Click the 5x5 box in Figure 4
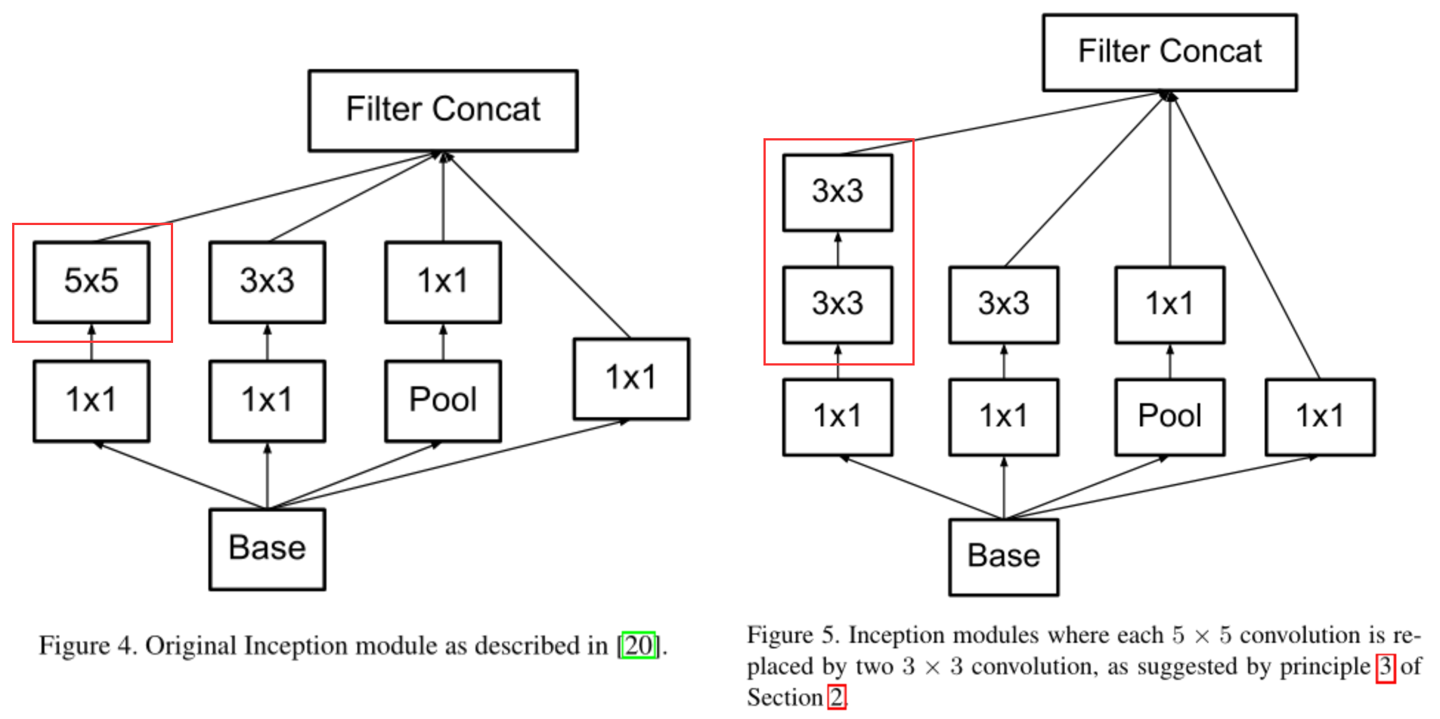tap(91, 282)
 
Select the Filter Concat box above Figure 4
tap(443, 110)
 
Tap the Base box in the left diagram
tap(267, 548)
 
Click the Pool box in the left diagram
tap(443, 400)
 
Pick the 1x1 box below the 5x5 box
tap(91, 400)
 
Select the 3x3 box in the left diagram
tap(267, 282)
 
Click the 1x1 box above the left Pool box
tap(443, 282)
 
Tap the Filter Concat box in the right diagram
tap(1169, 52)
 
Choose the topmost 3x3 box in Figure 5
tap(838, 192)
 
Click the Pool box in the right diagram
tap(1169, 416)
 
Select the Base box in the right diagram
tap(1003, 557)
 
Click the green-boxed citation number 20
tap(639, 646)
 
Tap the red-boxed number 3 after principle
tap(1385, 667)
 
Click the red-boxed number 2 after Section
tap(837, 697)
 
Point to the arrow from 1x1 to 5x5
tap(91, 341)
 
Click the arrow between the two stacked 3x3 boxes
tap(838, 248)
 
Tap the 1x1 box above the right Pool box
tap(1169, 304)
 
